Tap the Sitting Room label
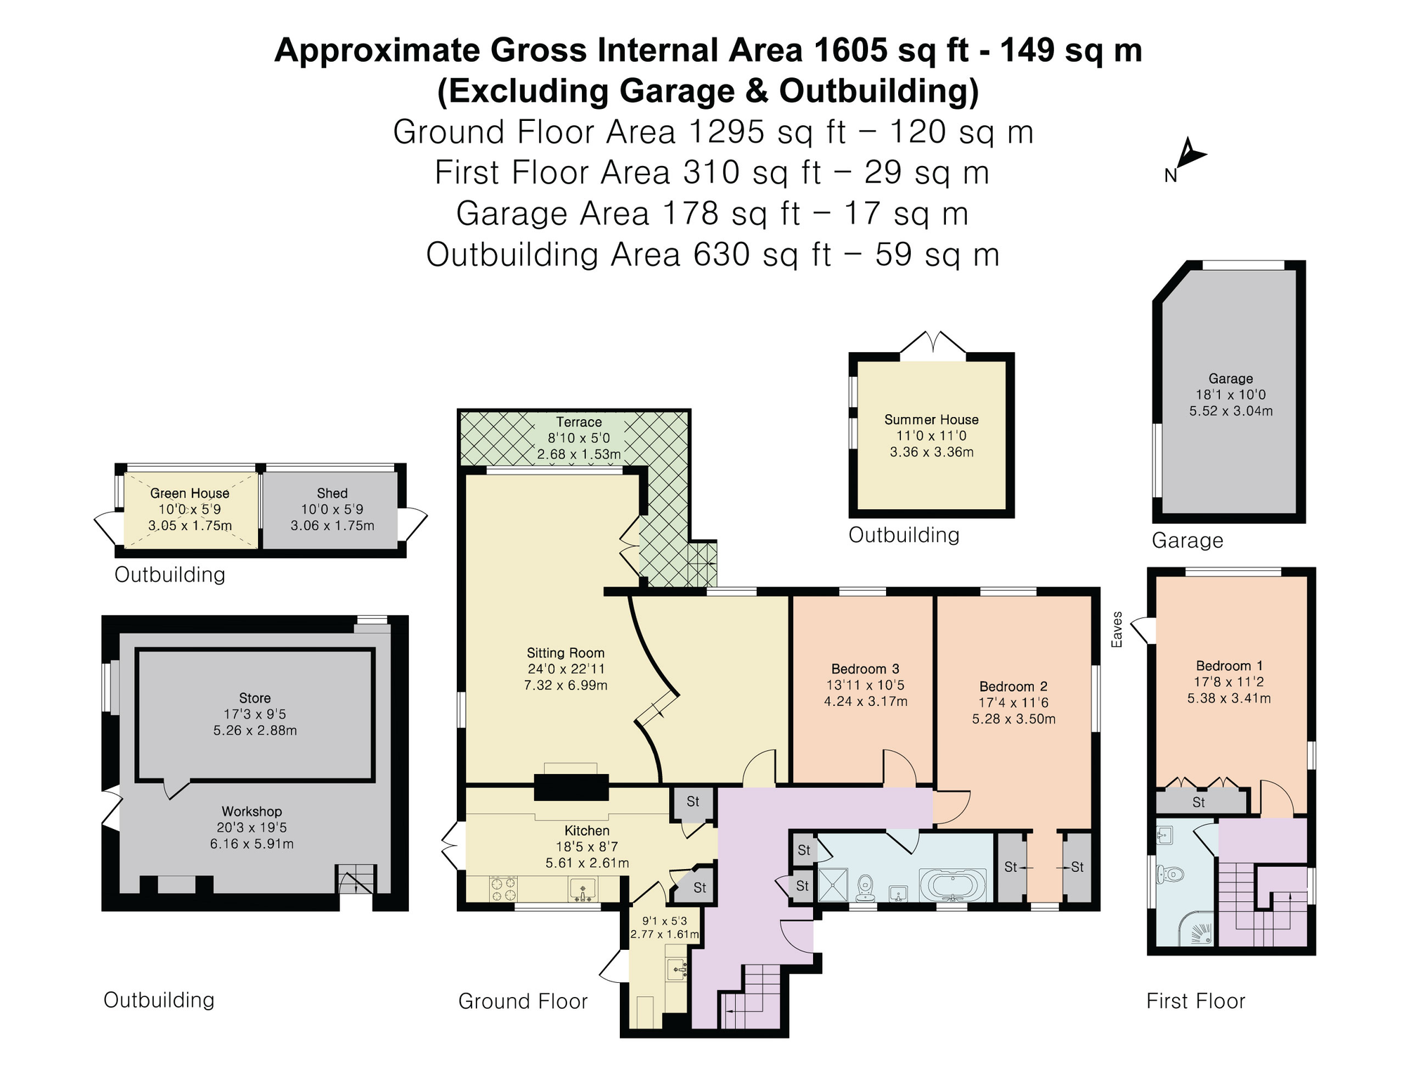[x=566, y=652]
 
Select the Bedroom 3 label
[x=865, y=669]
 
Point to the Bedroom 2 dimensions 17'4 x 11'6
[x=1014, y=702]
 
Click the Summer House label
[x=931, y=420]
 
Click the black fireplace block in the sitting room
[x=571, y=787]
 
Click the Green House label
[x=190, y=494]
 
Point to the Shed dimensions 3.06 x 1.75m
[x=332, y=525]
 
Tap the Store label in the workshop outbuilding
[x=254, y=698]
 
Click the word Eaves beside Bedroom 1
[x=1117, y=629]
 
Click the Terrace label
[x=579, y=422]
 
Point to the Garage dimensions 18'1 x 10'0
[x=1230, y=394]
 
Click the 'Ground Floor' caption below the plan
[x=523, y=1001]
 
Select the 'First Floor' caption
[x=1195, y=1001]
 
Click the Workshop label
[x=252, y=811]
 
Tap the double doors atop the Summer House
[x=933, y=344]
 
